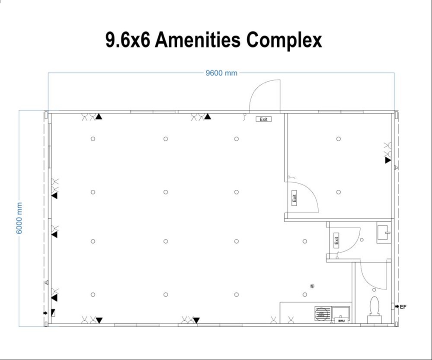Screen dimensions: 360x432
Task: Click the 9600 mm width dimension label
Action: (221, 73)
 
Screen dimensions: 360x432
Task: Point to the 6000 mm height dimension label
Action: (20, 218)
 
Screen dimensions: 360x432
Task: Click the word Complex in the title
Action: (284, 40)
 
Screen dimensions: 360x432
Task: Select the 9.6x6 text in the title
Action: (128, 40)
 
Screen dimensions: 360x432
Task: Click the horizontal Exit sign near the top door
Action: (263, 119)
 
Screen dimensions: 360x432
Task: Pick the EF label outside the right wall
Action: (403, 307)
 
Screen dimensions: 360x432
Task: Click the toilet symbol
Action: (374, 308)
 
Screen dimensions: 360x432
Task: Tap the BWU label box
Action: (341, 321)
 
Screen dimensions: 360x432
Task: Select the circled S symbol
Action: (312, 286)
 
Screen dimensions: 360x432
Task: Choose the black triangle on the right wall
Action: (388, 160)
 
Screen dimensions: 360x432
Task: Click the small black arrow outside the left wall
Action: (45, 312)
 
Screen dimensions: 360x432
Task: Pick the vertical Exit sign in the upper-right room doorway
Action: (294, 198)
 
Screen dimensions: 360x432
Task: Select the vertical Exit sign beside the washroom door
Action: (336, 240)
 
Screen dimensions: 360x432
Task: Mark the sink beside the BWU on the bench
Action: (341, 312)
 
